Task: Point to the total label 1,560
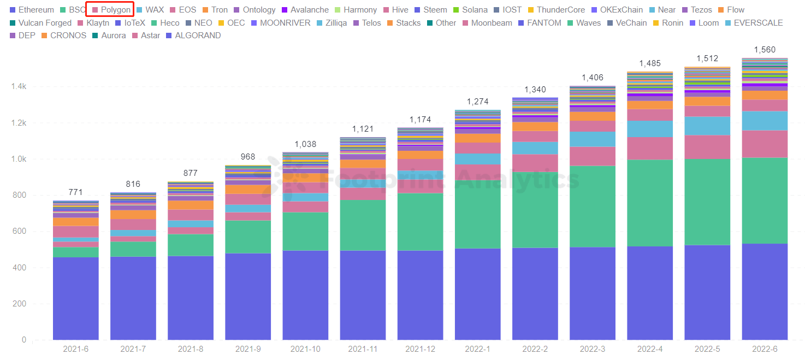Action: click(765, 50)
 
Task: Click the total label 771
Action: click(76, 192)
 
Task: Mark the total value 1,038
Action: click(305, 144)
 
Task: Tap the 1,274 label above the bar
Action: click(478, 102)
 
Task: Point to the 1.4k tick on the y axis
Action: click(19, 87)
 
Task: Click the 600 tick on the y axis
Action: click(20, 232)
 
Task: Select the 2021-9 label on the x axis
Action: click(248, 349)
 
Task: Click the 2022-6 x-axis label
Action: click(765, 349)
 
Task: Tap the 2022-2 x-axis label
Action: click(535, 349)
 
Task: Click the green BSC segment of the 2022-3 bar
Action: click(593, 206)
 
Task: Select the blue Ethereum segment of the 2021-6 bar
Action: click(76, 298)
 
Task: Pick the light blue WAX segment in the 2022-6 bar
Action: click(765, 121)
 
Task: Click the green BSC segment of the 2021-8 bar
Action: click(191, 245)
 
